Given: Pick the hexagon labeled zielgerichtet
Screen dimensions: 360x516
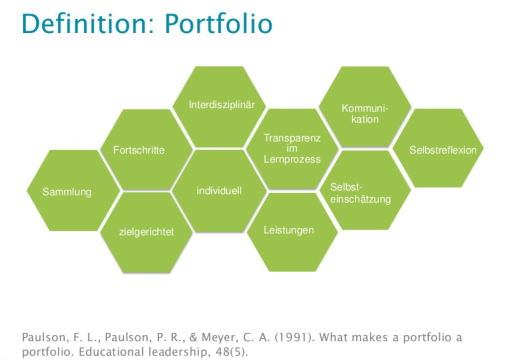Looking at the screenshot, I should tap(146, 231).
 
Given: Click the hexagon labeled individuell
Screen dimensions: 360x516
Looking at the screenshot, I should tap(219, 191).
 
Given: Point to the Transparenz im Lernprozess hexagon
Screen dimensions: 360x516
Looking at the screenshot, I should tap(292, 149).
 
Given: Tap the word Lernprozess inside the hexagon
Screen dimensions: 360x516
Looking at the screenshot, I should tap(292, 159).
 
